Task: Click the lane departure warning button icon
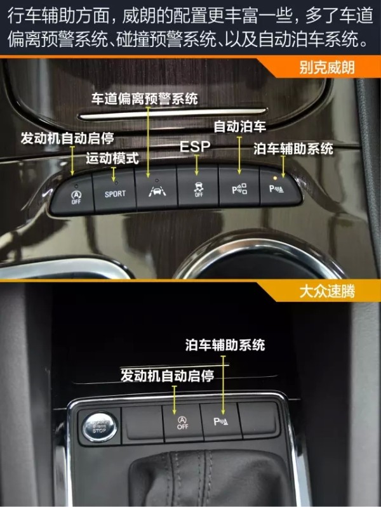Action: (157, 191)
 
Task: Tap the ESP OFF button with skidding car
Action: (198, 187)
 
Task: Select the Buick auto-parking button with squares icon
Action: (239, 187)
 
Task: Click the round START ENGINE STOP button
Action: (99, 426)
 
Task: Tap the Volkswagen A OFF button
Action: (183, 422)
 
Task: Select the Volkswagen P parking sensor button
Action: (221, 421)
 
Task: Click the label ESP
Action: (195, 147)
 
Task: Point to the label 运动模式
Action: (112, 159)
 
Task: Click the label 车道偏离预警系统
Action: (144, 98)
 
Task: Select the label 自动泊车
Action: (240, 126)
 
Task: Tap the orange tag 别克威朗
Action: (327, 67)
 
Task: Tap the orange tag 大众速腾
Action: (327, 291)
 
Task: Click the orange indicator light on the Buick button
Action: (275, 178)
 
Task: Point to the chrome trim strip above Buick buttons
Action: (173, 114)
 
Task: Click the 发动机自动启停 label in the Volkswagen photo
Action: (168, 376)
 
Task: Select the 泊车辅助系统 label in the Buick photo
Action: (293, 148)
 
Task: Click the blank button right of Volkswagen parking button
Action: (258, 419)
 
